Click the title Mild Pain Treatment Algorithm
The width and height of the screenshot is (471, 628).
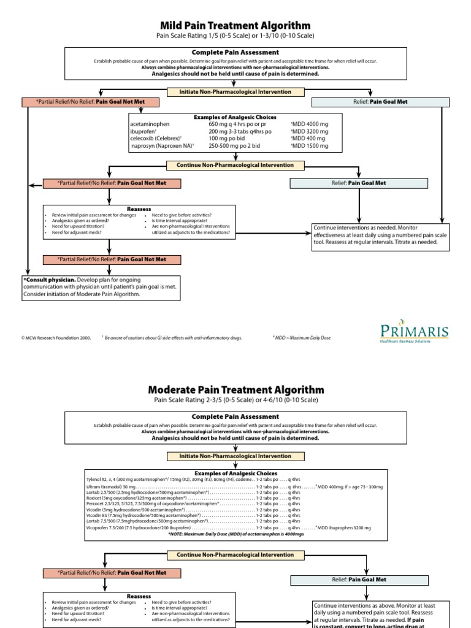(x=235, y=25)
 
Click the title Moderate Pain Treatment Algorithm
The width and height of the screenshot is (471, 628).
(x=235, y=389)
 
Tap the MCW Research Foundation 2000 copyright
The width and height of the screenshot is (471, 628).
(x=56, y=337)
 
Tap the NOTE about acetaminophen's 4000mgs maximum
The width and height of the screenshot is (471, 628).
(x=235, y=534)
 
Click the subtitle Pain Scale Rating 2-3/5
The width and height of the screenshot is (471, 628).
(x=235, y=400)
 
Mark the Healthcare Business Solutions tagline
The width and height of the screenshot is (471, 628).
(x=414, y=341)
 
